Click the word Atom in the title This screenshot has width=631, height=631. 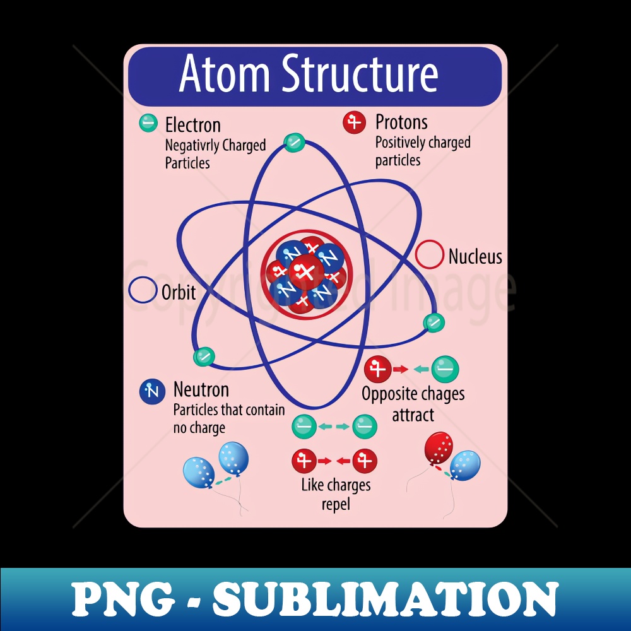pyautogui.click(x=225, y=74)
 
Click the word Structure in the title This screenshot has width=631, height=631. pyautogui.click(x=360, y=74)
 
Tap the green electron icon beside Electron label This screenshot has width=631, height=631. pyautogui.click(x=148, y=122)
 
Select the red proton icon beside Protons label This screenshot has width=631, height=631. pyautogui.click(x=355, y=122)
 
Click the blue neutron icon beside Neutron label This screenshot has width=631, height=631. pyautogui.click(x=152, y=391)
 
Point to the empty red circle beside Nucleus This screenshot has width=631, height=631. pyautogui.click(x=429, y=255)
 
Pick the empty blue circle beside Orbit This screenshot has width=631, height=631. pyautogui.click(x=143, y=291)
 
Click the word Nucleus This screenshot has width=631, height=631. pyautogui.click(x=475, y=257)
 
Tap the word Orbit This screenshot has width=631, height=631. pyautogui.click(x=179, y=293)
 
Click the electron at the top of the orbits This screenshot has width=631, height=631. pyautogui.click(x=294, y=143)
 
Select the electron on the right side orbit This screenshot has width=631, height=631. pyautogui.click(x=434, y=322)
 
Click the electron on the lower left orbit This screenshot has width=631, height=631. pyautogui.click(x=204, y=357)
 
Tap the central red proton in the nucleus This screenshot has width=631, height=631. pyautogui.click(x=307, y=271)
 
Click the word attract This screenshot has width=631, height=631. pyautogui.click(x=413, y=415)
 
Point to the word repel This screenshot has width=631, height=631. pyautogui.click(x=335, y=505)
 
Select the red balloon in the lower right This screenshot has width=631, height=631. pyautogui.click(x=439, y=447)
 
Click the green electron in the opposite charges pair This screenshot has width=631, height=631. pyautogui.click(x=445, y=369)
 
